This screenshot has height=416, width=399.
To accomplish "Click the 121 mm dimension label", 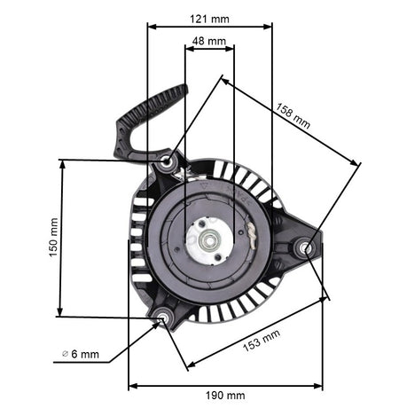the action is tap(209, 20).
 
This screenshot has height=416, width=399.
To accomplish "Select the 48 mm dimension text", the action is tap(209, 41).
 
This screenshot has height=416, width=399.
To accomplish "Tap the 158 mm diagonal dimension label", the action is tap(293, 115).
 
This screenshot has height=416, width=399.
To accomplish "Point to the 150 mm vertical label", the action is tap(53, 238).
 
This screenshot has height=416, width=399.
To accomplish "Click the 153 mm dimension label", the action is tap(262, 341).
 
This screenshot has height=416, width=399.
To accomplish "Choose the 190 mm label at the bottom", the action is tap(225, 396).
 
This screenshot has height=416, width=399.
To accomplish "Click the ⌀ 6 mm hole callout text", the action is tap(81, 354).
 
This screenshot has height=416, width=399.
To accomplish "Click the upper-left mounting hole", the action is tap(167, 161).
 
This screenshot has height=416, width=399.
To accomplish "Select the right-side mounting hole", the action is tap(305, 247).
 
